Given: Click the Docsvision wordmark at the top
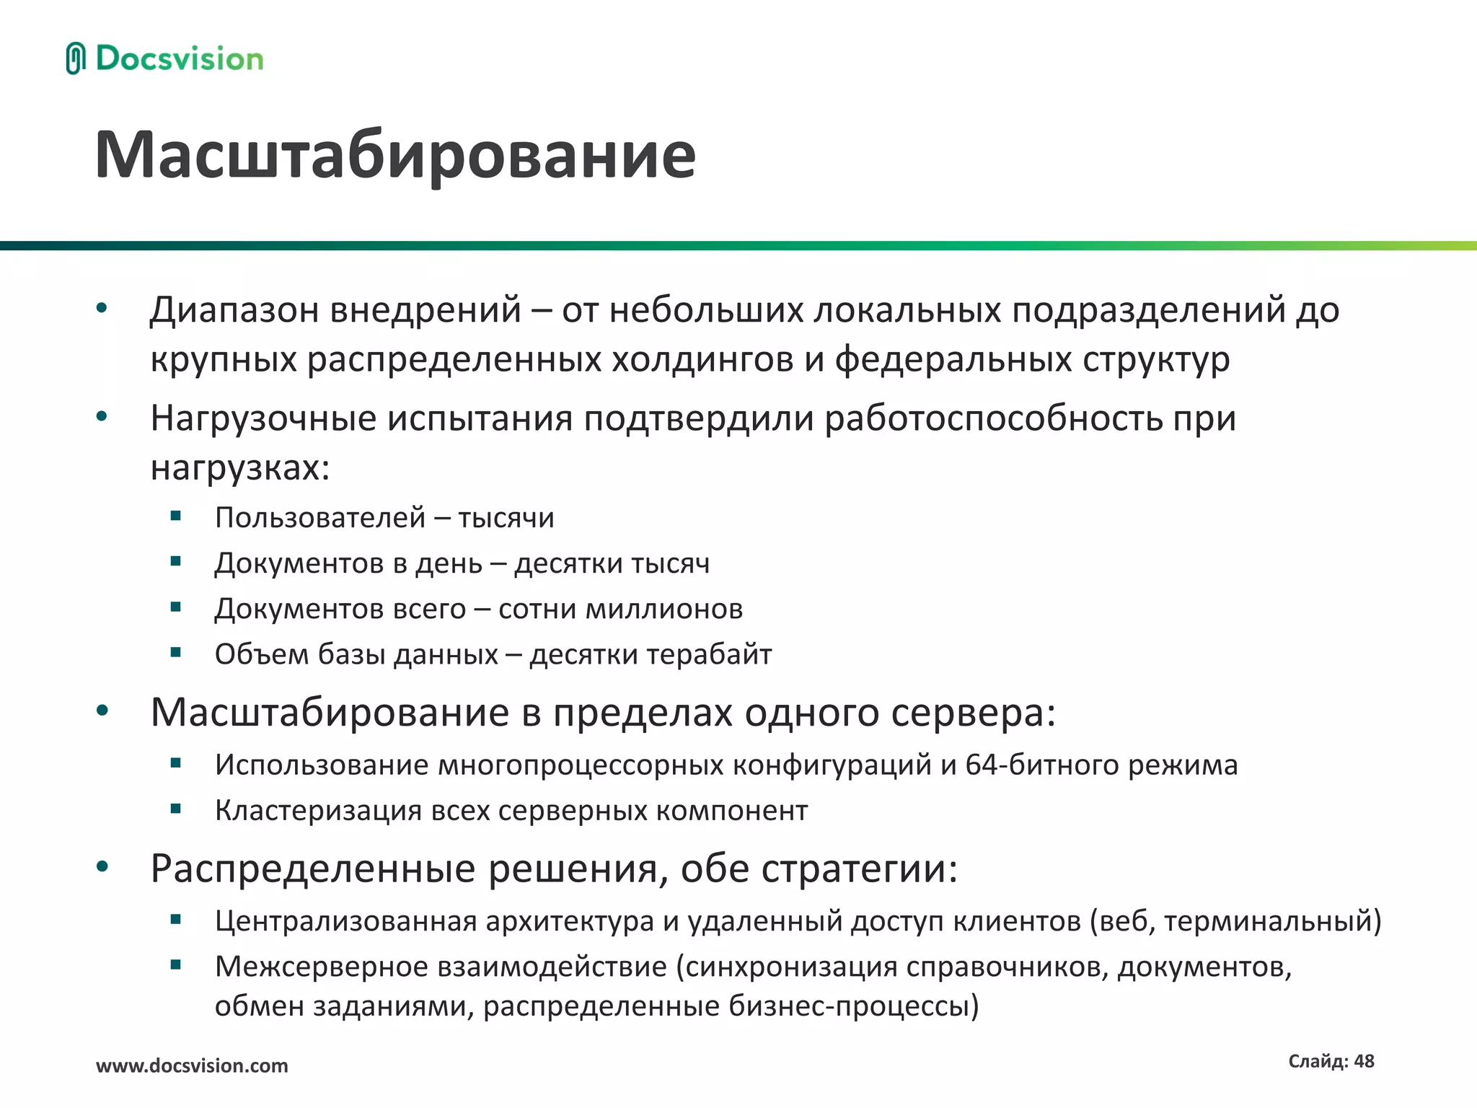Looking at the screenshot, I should click(x=180, y=58).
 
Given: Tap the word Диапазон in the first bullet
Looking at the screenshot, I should click(x=234, y=310).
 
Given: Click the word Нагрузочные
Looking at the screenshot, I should click(x=263, y=418).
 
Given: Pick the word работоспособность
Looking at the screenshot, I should click(x=993, y=418).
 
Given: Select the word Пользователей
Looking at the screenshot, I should click(x=320, y=518).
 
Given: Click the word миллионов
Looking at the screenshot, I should click(x=663, y=609).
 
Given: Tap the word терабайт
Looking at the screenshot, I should click(x=709, y=654).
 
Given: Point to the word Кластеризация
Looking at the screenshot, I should click(x=318, y=811).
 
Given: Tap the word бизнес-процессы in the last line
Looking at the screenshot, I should click(x=853, y=1006).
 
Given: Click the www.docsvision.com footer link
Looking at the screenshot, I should click(x=192, y=1065).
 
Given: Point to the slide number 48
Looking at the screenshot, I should click(x=1364, y=1061).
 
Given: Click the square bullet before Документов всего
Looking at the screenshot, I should click(x=175, y=607).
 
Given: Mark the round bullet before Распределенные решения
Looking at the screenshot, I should click(x=102, y=866).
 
